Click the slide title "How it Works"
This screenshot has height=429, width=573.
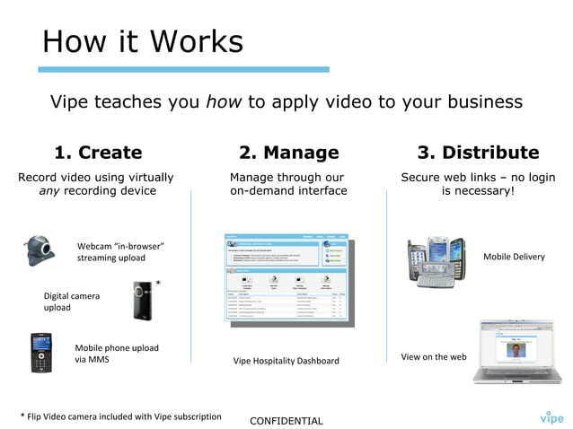(143, 40)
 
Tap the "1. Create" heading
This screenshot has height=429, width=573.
(98, 153)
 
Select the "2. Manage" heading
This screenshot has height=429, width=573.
(288, 153)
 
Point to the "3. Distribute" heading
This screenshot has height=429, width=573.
(478, 153)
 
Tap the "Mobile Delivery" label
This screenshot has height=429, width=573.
(514, 257)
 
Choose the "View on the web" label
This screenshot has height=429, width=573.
(434, 356)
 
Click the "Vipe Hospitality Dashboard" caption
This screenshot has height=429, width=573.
(286, 361)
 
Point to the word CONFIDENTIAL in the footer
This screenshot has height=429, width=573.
(286, 420)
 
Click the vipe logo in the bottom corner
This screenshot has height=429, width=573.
(551, 416)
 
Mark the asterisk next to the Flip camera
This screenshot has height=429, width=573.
(159, 285)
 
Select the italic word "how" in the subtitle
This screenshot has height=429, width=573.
(223, 101)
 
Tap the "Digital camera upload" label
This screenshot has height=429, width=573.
(72, 302)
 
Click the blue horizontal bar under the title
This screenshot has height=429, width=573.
(183, 69)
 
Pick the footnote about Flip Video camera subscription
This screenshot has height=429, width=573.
(120, 416)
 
